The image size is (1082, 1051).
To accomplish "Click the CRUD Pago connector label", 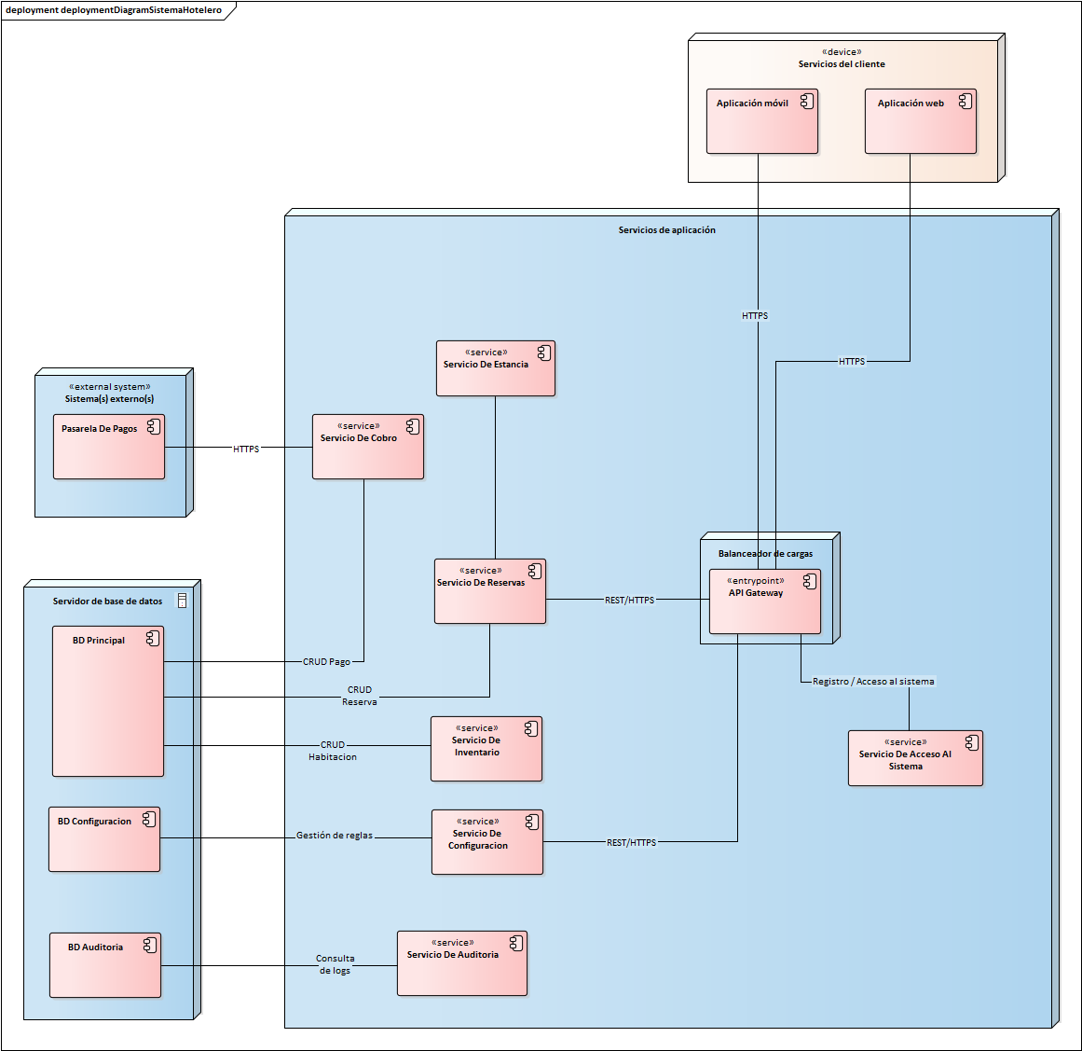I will click(x=326, y=662).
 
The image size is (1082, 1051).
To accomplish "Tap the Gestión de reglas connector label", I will click(x=334, y=836).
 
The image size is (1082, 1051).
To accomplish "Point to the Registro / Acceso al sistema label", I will click(x=872, y=682).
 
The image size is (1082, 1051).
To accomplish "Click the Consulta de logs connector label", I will click(x=335, y=964).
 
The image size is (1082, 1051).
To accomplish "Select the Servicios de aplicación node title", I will click(x=666, y=230).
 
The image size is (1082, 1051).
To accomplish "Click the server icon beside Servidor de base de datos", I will click(x=182, y=602).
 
